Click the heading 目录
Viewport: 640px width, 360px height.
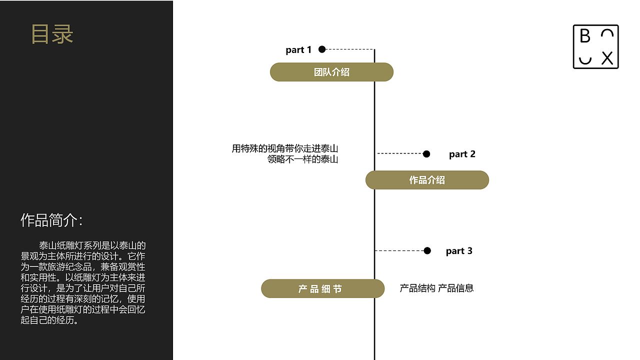click(x=52, y=34)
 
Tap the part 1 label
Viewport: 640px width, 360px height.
click(x=298, y=50)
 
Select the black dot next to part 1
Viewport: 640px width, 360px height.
click(x=322, y=49)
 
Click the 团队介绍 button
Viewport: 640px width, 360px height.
click(x=331, y=72)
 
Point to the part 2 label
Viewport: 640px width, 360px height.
click(x=462, y=154)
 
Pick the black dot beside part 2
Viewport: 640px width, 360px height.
click(x=426, y=154)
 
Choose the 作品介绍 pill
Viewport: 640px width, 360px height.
click(x=427, y=180)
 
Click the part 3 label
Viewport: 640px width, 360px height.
click(x=459, y=251)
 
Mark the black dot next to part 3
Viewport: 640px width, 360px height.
click(x=427, y=250)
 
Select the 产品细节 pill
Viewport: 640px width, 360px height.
click(x=322, y=289)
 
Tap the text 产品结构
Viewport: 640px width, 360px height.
click(x=417, y=288)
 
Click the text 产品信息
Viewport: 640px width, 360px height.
click(x=456, y=288)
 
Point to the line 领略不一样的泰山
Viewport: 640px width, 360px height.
click(x=303, y=160)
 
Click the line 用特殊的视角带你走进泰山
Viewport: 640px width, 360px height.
click(x=285, y=148)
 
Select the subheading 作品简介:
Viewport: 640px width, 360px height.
click(x=51, y=220)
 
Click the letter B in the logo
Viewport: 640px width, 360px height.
click(x=585, y=36)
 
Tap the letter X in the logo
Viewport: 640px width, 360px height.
click(x=607, y=58)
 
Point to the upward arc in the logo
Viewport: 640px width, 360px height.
click(x=607, y=33)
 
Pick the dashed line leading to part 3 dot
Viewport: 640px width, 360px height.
click(x=400, y=250)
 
